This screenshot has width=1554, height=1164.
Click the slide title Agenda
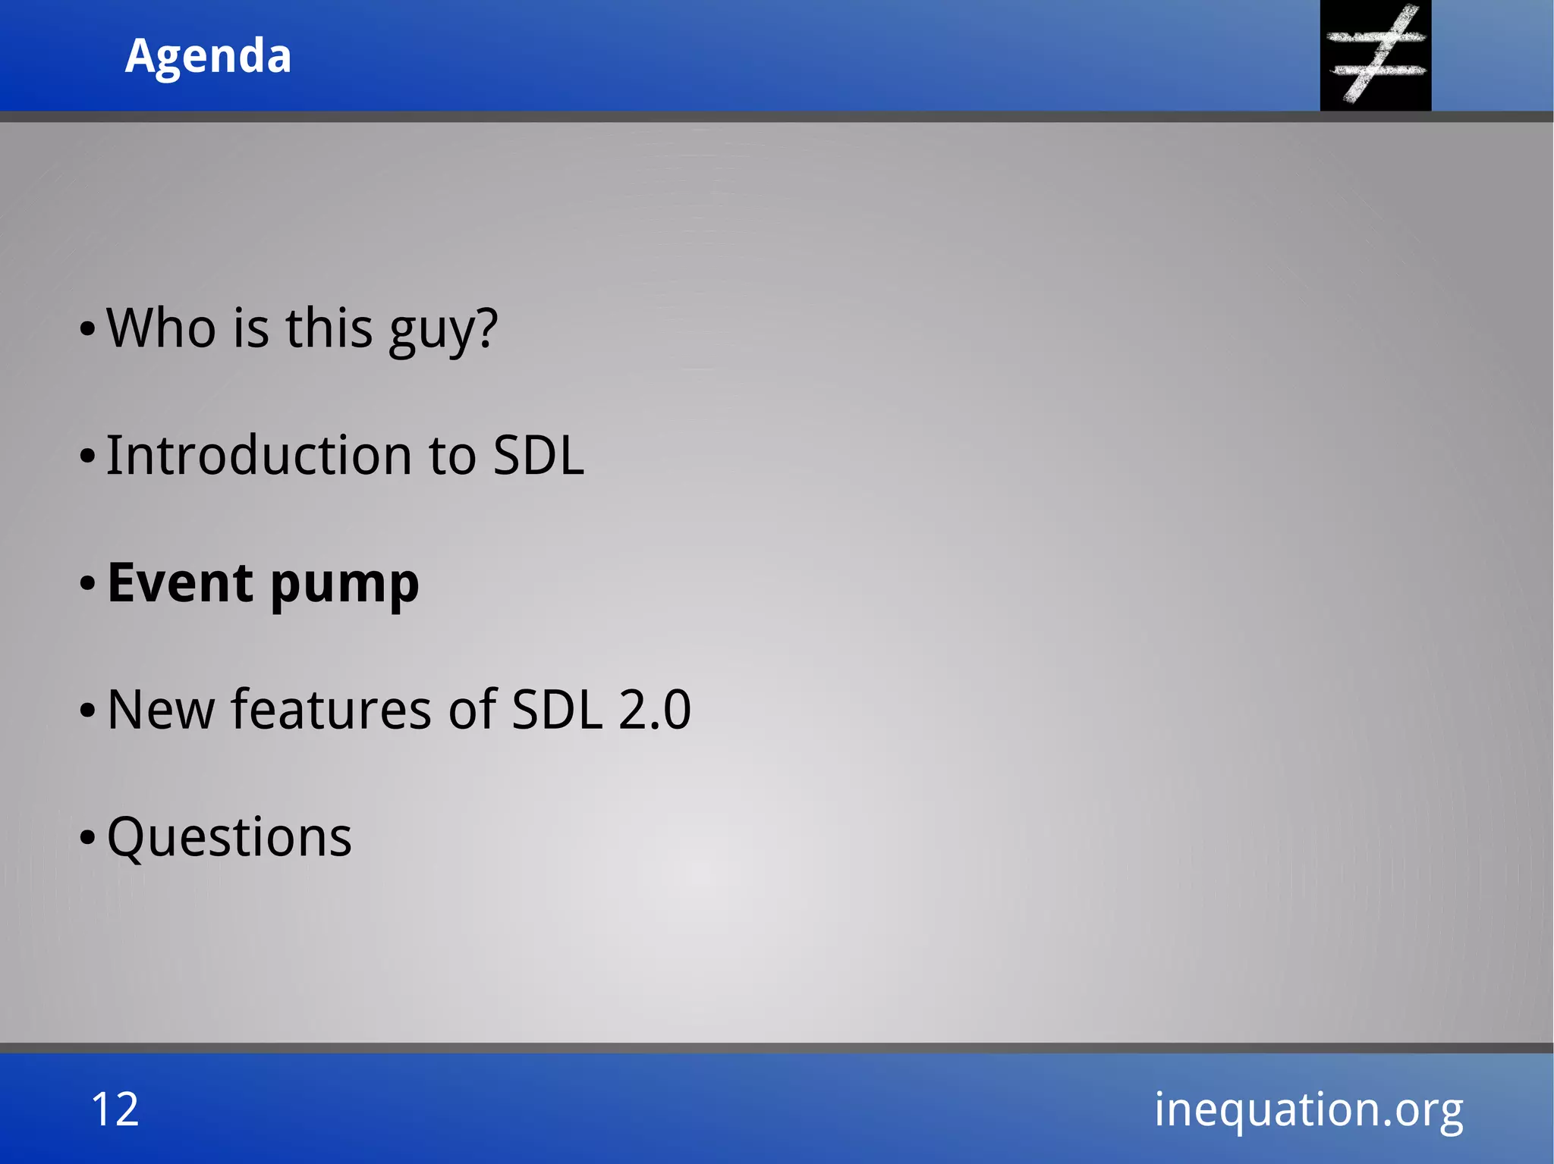(208, 56)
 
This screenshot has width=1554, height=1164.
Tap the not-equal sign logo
(1375, 55)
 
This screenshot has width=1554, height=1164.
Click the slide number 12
(115, 1109)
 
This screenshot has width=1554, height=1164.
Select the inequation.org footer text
(1308, 1109)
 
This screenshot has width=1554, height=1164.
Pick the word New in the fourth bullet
(161, 710)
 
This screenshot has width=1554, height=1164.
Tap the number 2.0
(654, 710)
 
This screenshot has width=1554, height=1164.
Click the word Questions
(229, 837)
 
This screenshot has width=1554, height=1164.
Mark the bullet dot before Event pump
(88, 584)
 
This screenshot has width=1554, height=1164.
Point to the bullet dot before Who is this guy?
(88, 329)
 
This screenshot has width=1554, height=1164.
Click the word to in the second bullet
(452, 457)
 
